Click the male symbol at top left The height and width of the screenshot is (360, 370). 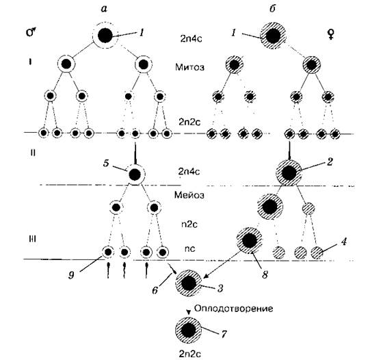point(31,32)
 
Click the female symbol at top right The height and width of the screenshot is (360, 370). point(331,34)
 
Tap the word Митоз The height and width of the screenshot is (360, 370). point(189,67)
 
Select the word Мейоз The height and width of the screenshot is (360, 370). point(189,195)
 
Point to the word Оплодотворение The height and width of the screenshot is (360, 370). point(234,308)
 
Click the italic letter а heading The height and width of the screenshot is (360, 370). point(103,9)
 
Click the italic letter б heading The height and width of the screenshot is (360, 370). point(272,8)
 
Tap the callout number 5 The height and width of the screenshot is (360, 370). point(106,163)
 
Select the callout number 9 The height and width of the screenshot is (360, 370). point(72,275)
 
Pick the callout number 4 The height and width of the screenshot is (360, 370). point(344,242)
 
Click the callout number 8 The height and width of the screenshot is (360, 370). point(265,274)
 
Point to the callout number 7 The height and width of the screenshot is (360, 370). point(224,334)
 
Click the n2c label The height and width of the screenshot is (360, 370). point(189,224)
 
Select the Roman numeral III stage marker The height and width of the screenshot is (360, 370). point(32,240)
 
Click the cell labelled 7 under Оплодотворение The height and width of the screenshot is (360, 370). point(188,331)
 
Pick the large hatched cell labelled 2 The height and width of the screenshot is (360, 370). point(289,173)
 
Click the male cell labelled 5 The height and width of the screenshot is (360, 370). point(135,175)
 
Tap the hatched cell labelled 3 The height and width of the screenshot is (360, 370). point(188,283)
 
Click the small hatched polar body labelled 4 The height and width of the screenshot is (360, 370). point(317,253)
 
